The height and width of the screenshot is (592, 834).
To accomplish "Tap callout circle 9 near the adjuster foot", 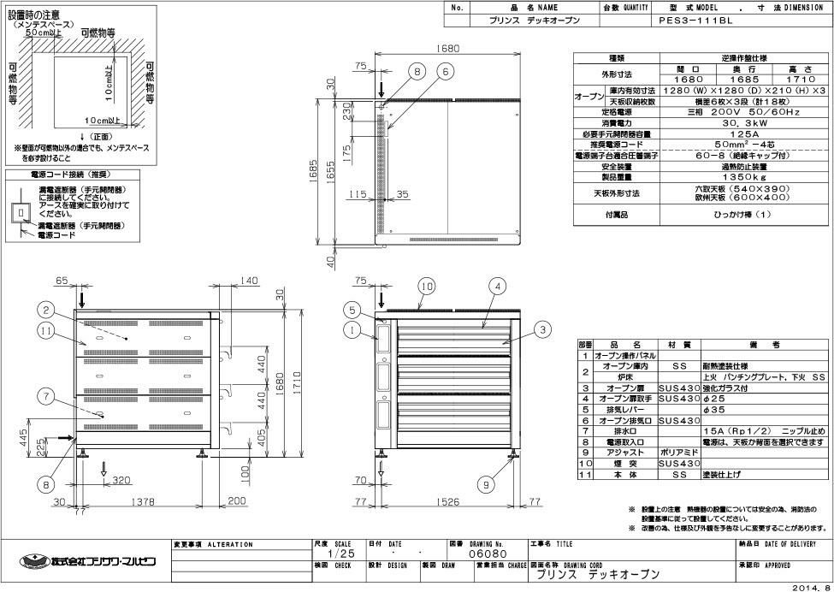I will [x=487, y=484].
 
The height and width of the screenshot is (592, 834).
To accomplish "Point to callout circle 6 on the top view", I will [x=447, y=73].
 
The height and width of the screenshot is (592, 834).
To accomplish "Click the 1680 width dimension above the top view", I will [x=448, y=49].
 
